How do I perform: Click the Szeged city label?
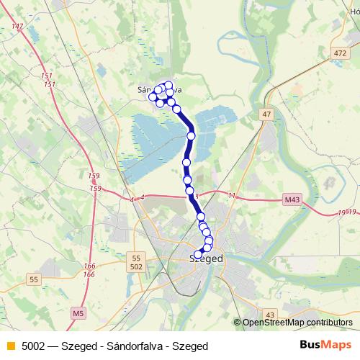pos(206,258)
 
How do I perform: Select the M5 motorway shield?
pos(78,313)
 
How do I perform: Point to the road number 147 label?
pos(18,27)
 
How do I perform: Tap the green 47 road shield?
pos(267,114)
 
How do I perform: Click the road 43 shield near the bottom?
pos(270,315)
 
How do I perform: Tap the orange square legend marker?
pos(9,346)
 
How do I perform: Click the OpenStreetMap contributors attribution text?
pos(298,323)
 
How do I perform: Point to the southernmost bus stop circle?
pos(198,254)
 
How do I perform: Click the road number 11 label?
pos(232,195)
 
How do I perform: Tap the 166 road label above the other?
pos(89,266)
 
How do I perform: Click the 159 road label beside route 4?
pos(95,188)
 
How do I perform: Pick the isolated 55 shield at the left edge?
pos(33,279)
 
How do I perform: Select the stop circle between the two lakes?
pos(191,135)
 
